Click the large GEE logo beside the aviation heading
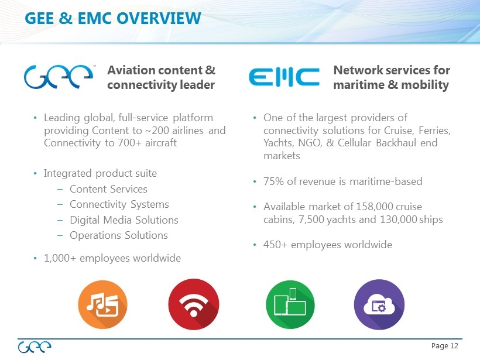coord(58,77)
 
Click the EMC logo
coord(284,77)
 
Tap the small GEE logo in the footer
coord(35,347)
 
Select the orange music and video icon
coord(102,304)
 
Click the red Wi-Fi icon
coord(194,304)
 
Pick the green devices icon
coord(290,304)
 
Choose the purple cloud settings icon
coord(379,304)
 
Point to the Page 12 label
coord(444,346)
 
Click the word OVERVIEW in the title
coord(159,18)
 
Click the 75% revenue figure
coord(274,181)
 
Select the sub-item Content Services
coord(108,189)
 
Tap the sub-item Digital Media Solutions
coord(124,220)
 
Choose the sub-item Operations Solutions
coord(119,235)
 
